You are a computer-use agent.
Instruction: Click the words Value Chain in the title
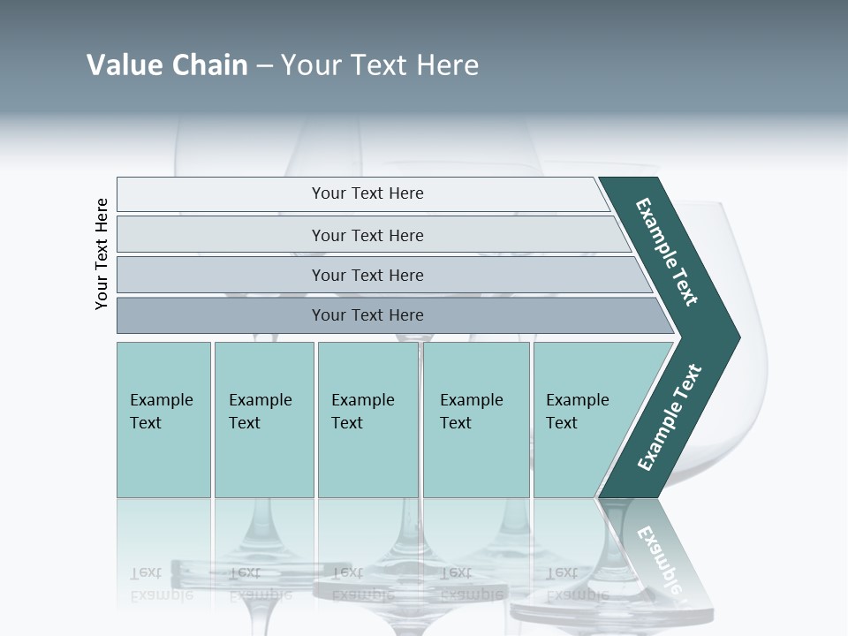point(167,65)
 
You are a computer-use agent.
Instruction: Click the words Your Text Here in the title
point(380,65)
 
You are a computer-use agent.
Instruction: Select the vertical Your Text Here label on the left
point(102,254)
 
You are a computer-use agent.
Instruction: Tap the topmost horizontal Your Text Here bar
point(367,193)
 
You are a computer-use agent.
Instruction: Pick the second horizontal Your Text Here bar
point(367,235)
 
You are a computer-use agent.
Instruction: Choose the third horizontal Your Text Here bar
point(367,275)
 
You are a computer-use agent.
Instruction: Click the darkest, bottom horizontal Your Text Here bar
point(367,315)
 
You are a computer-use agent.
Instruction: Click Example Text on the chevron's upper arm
point(667,252)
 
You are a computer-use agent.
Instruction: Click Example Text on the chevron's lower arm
point(669,417)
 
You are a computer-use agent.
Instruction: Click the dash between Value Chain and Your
point(264,66)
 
